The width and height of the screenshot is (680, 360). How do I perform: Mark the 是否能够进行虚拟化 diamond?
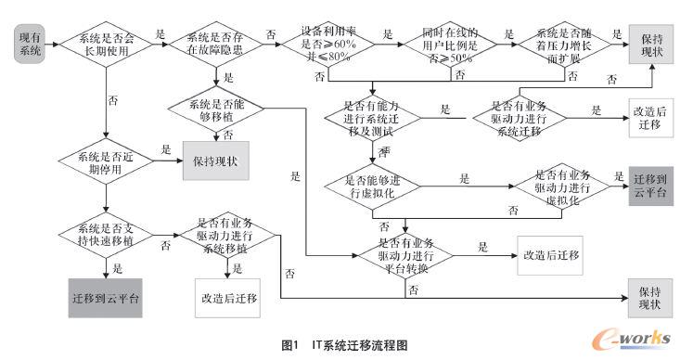point(371,186)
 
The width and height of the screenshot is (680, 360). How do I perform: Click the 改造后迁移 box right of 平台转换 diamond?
point(551,253)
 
